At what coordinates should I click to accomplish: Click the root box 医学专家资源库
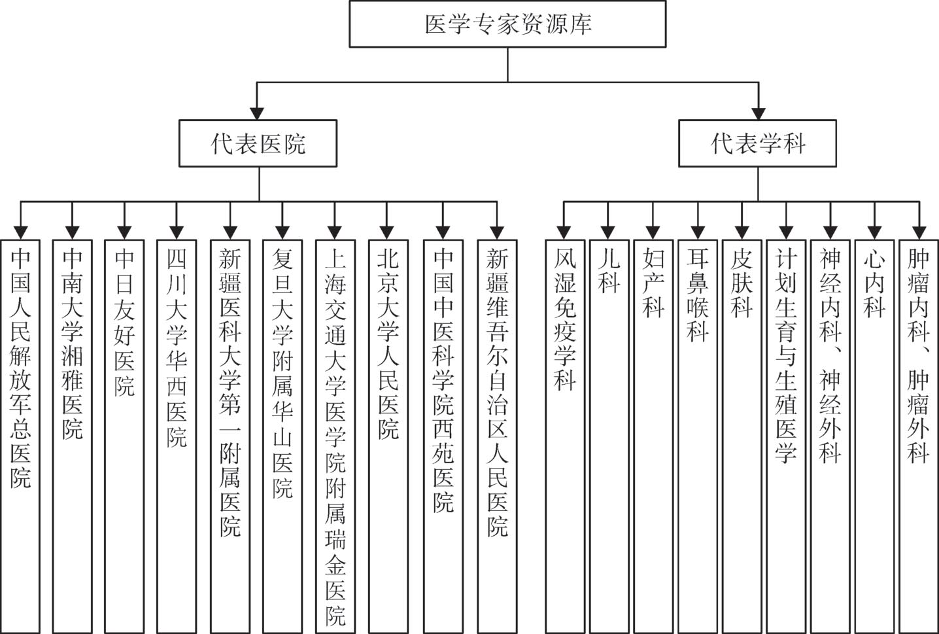click(507, 24)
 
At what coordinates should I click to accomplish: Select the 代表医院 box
click(258, 143)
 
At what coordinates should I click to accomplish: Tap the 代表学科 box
click(757, 143)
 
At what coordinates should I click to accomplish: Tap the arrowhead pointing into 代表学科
click(759, 112)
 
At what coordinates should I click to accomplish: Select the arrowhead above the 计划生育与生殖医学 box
click(786, 231)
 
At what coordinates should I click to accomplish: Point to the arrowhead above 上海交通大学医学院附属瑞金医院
click(335, 231)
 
